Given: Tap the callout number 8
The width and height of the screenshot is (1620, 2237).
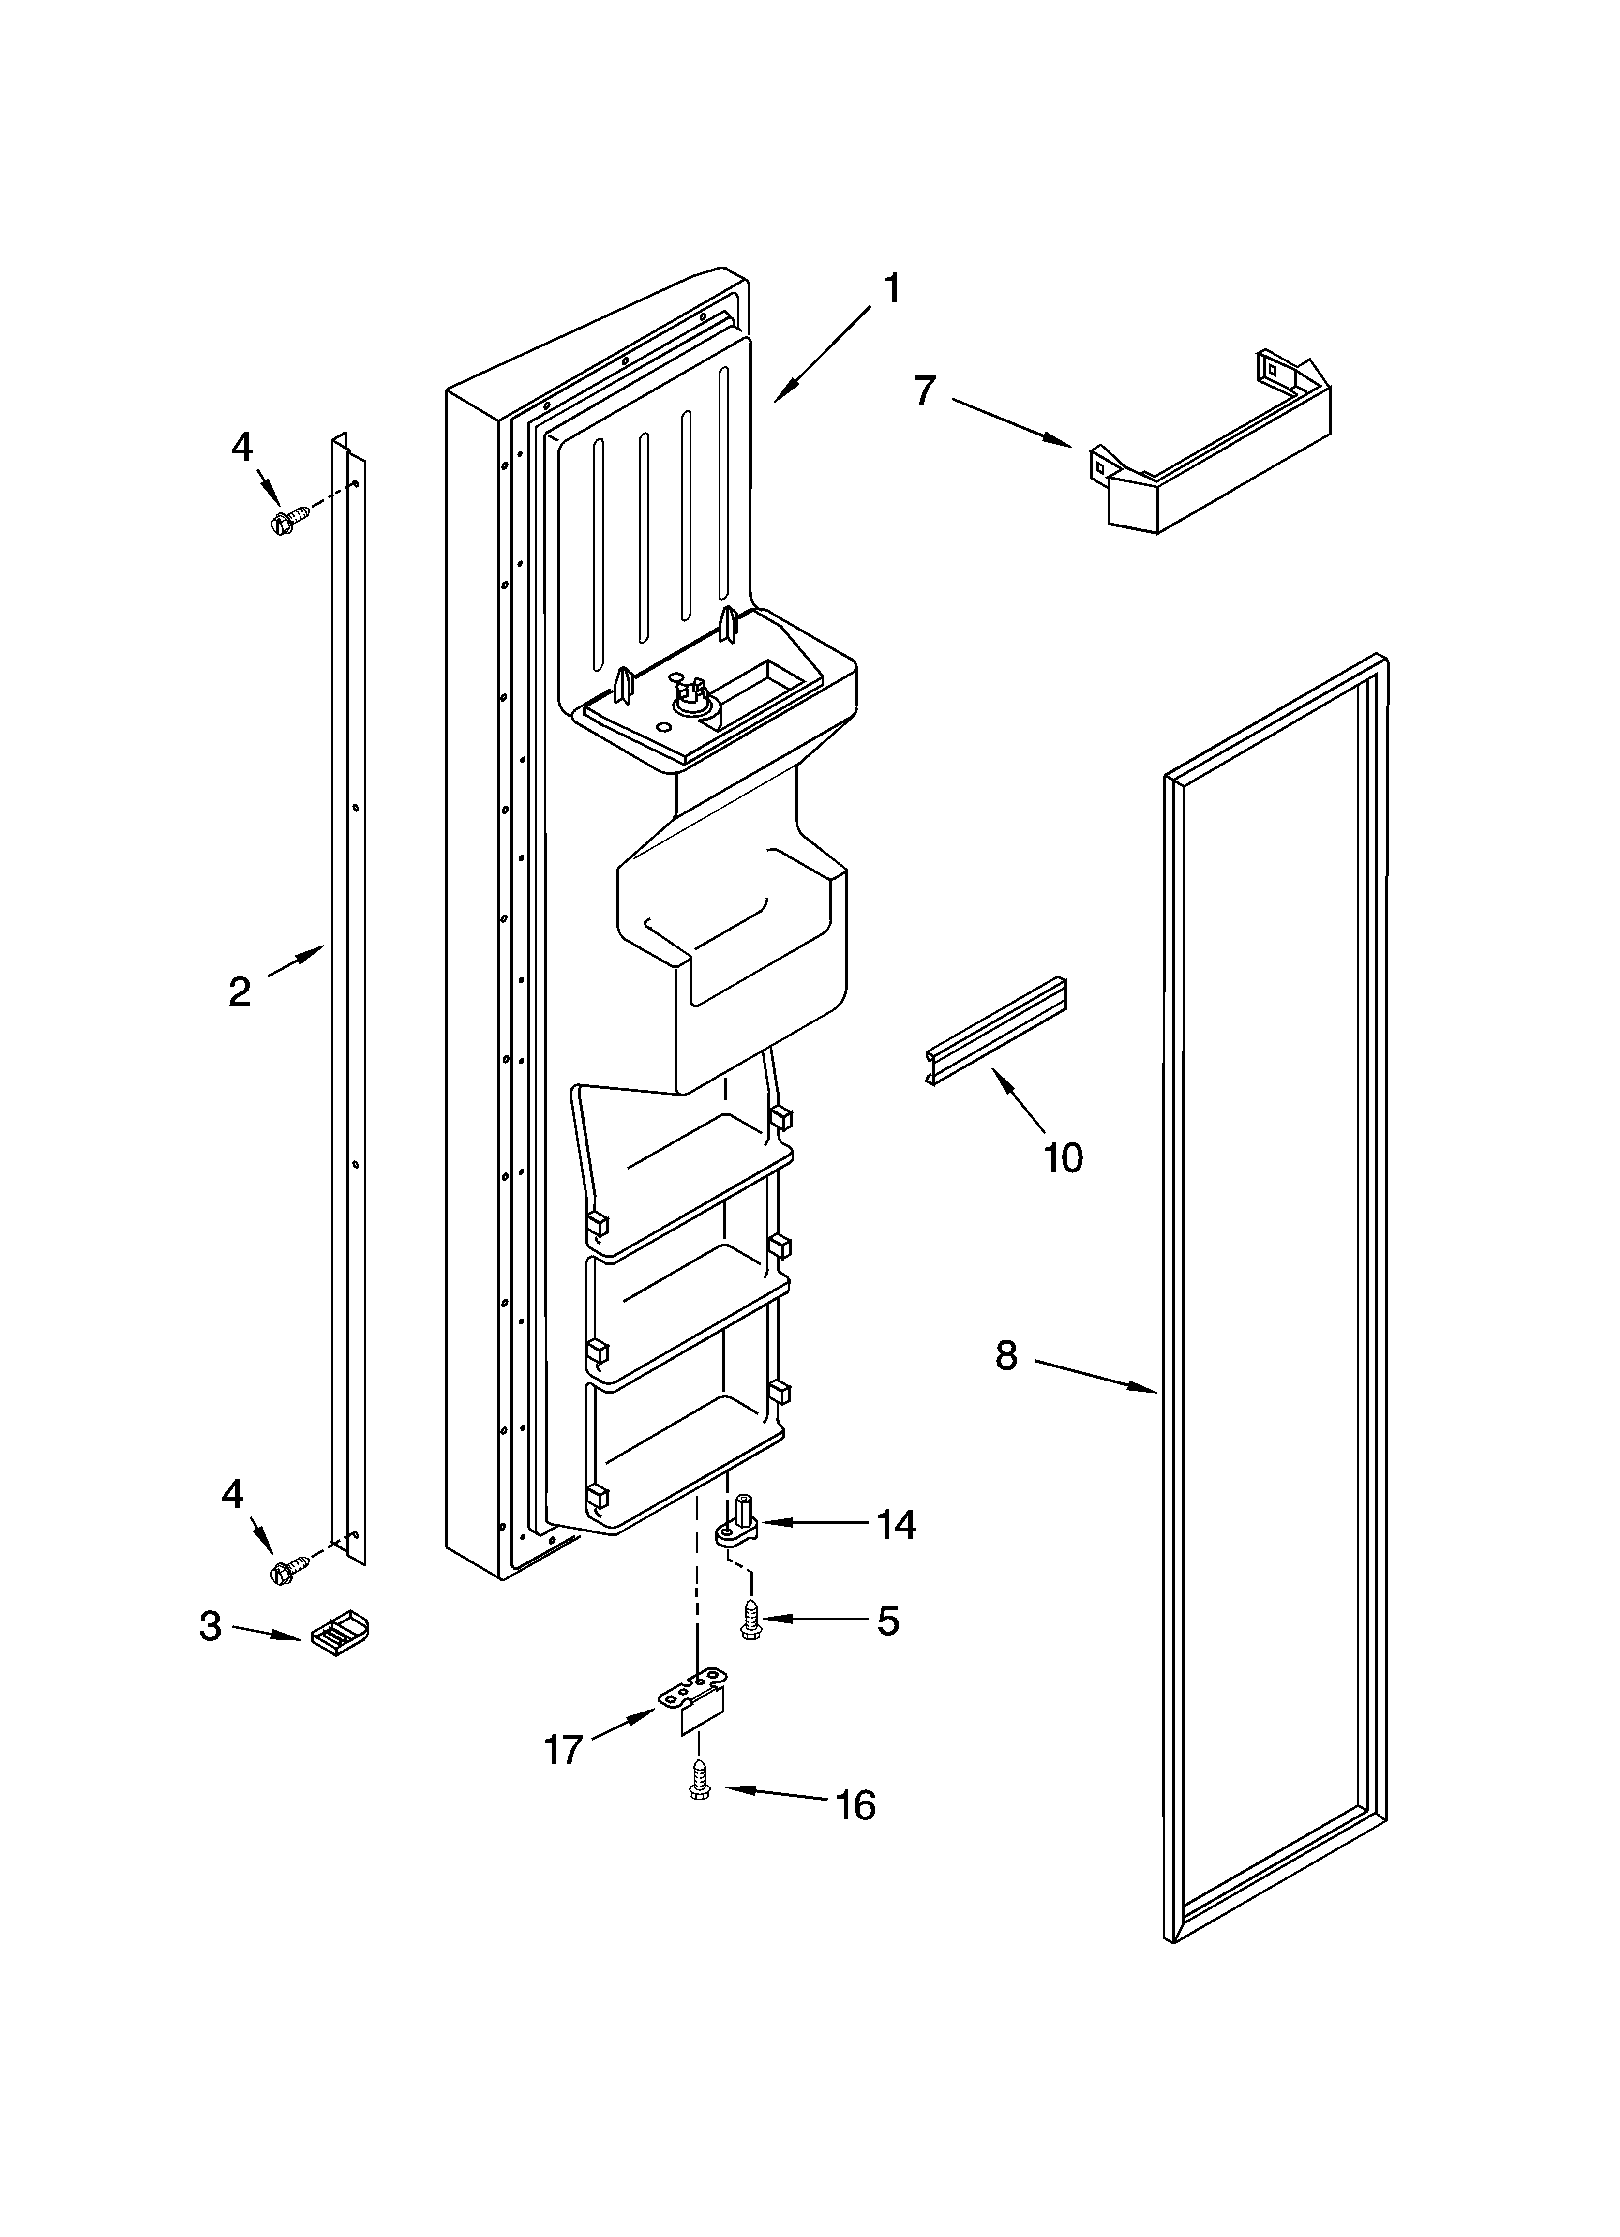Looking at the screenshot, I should click(x=1005, y=1356).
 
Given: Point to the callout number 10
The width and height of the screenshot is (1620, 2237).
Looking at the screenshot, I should click(x=1063, y=1157).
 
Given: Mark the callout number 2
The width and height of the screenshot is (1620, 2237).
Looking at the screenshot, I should click(x=240, y=991).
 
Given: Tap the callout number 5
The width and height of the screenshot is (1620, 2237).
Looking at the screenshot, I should click(x=888, y=1621).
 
